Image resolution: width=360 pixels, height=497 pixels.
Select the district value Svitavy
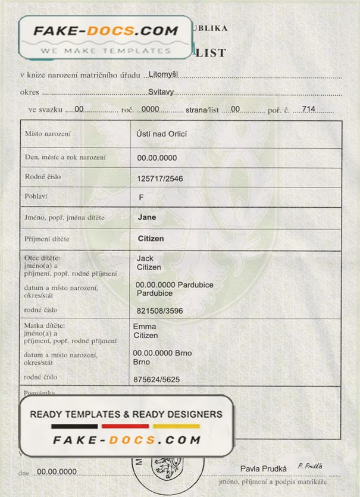tap(161, 92)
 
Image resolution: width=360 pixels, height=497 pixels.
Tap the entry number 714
tap(308, 109)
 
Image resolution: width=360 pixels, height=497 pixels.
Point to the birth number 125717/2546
tap(160, 178)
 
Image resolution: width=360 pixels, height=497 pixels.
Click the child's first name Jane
tap(147, 217)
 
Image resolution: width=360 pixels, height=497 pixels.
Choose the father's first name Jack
tap(145, 258)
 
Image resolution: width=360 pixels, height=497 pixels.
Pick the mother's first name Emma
tap(145, 326)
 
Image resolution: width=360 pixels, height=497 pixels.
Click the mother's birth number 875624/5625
tap(156, 379)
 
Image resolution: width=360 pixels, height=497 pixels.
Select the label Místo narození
tap(48, 134)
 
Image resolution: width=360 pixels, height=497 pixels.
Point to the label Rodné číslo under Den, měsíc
tap(42, 177)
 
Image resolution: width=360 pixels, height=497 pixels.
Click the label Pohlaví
tap(36, 196)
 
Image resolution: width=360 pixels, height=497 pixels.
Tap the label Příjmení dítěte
tap(47, 239)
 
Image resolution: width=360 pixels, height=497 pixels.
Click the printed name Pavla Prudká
tap(264, 468)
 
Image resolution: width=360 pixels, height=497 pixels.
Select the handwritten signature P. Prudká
tap(310, 466)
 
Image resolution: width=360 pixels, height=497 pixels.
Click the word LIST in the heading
tap(211, 52)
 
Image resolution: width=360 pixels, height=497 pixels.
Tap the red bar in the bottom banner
tap(125, 426)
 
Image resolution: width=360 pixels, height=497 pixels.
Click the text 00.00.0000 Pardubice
tap(174, 285)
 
